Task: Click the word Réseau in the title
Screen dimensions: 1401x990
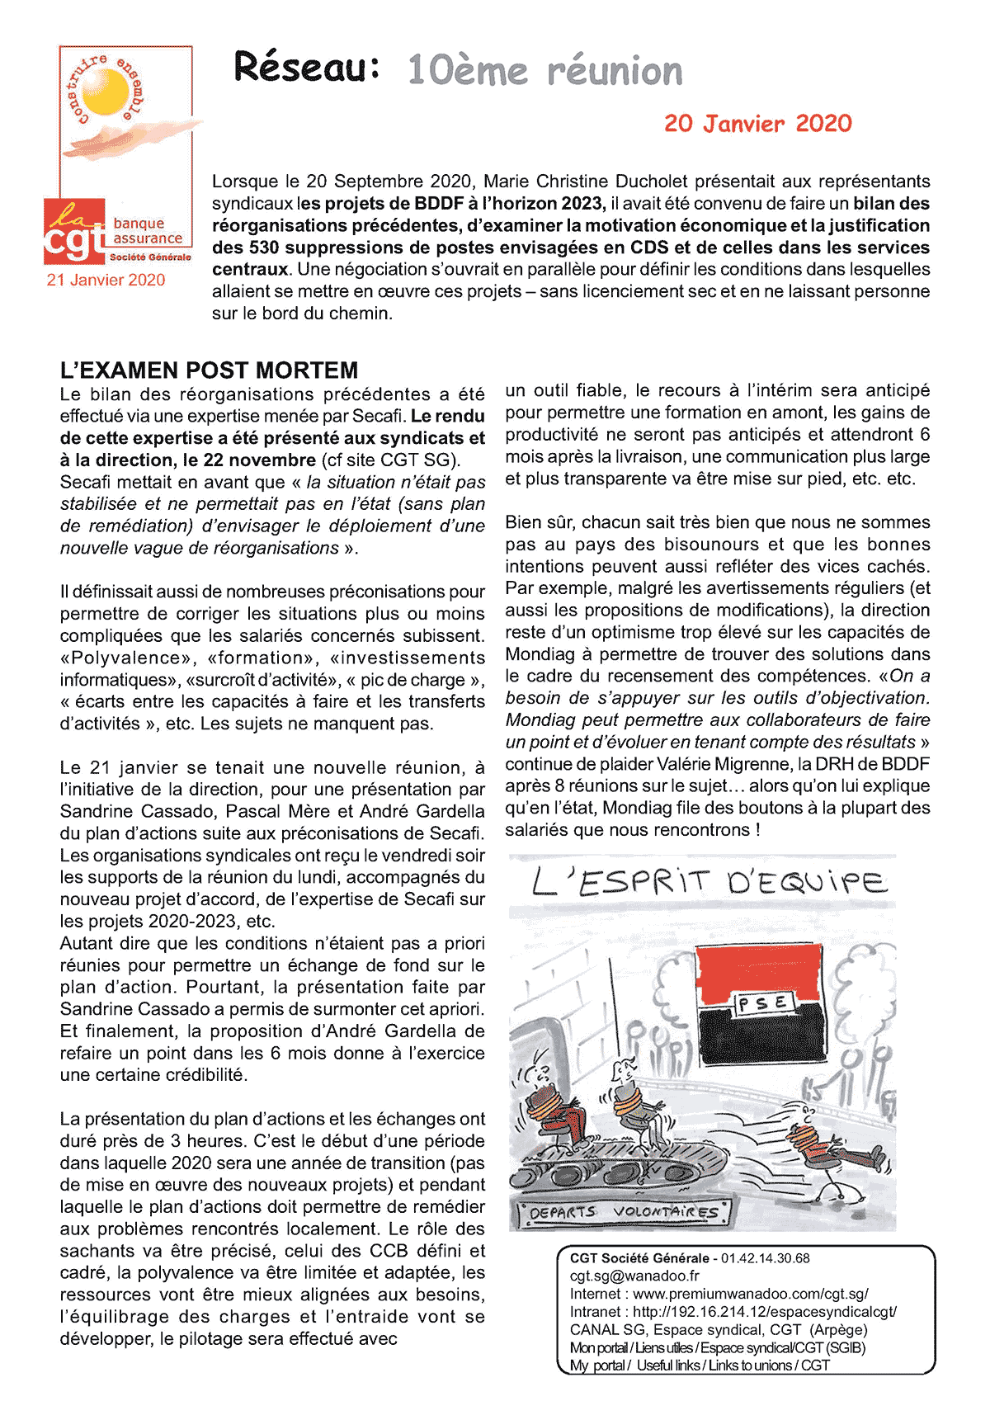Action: click(x=306, y=67)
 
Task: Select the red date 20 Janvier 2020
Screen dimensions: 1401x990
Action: click(x=757, y=124)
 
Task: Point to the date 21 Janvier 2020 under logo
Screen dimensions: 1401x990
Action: click(x=106, y=280)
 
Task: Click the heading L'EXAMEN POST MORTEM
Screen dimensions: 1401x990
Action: click(x=209, y=370)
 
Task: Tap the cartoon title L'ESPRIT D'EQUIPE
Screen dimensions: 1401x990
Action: click(x=709, y=883)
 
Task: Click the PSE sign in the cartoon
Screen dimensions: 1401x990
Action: click(x=763, y=1003)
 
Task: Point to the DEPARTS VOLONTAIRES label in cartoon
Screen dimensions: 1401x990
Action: click(x=623, y=1213)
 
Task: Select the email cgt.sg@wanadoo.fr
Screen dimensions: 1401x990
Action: click(x=634, y=1276)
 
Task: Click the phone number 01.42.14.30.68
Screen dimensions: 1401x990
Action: click(x=765, y=1258)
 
